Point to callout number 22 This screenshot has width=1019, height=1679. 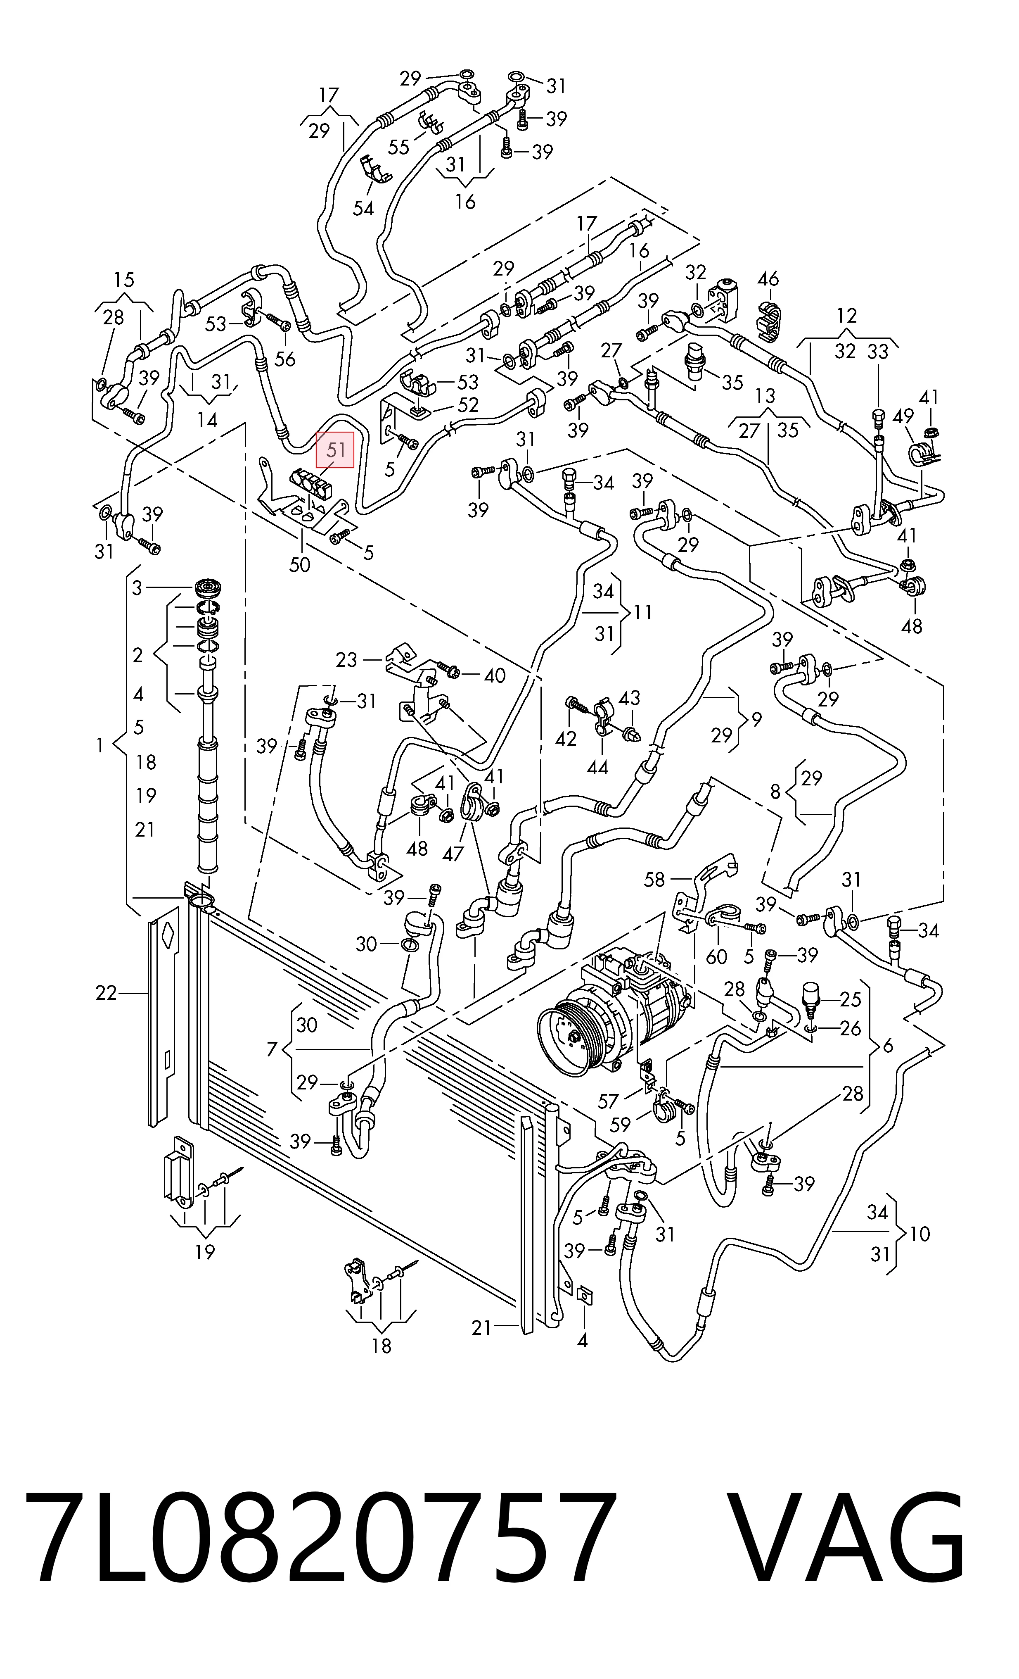[106, 994]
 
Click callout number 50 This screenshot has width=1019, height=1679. [300, 565]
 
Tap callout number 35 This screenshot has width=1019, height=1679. [732, 382]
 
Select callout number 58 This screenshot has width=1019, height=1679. [654, 879]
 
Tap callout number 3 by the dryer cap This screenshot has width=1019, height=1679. [137, 587]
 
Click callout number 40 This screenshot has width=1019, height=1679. [495, 675]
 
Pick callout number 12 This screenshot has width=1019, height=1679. [847, 316]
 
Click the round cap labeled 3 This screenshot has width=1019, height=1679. [209, 587]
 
